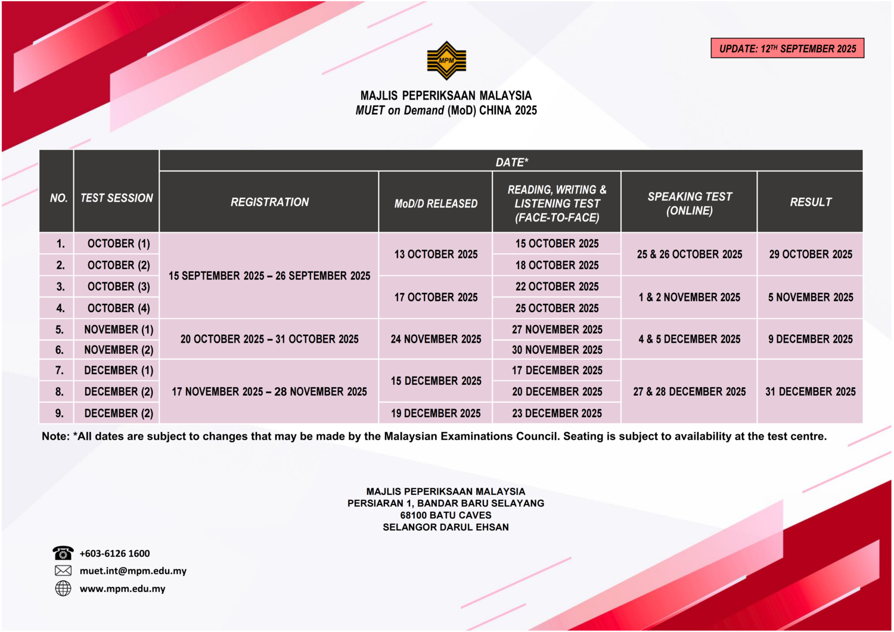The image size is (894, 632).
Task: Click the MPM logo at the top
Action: point(446,60)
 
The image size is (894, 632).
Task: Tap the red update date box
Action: point(787,48)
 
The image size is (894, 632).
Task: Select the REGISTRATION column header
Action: point(269,202)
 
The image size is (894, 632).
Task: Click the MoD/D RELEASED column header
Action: point(436,203)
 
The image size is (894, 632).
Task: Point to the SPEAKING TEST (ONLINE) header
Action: point(690,203)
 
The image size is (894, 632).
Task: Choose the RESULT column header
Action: point(811,202)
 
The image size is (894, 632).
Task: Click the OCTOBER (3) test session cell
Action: point(119,287)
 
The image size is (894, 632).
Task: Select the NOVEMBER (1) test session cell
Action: point(119,329)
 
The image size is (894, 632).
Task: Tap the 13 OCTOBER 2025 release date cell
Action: point(436,254)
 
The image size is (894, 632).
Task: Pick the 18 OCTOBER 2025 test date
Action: point(557,265)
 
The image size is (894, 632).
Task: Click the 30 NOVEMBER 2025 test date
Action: point(557,350)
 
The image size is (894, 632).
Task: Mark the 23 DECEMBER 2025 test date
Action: point(557,413)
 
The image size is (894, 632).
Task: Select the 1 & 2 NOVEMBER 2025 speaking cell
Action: point(690,297)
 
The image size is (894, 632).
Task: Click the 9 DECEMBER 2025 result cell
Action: point(811,339)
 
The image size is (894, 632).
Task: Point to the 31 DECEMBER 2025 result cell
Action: point(811,391)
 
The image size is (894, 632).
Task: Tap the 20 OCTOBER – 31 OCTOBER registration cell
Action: point(269,339)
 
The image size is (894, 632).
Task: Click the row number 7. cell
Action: point(59,370)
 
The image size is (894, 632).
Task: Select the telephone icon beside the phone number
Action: point(63,553)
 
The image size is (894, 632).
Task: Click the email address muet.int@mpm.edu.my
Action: point(133,571)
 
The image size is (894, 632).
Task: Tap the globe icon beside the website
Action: point(63,589)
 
